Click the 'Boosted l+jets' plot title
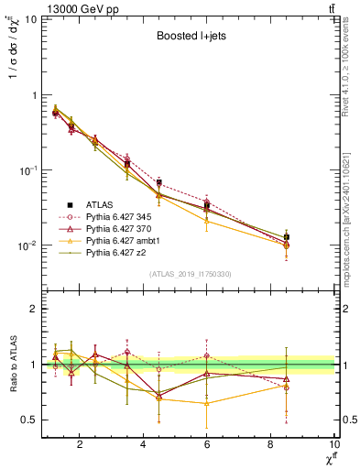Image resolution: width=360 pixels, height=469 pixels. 188,38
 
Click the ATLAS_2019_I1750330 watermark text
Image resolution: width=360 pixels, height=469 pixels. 189,274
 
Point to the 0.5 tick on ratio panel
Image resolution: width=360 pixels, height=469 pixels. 29,420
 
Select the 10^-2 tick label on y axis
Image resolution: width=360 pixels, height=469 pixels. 26,245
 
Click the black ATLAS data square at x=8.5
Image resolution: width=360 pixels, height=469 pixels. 287,237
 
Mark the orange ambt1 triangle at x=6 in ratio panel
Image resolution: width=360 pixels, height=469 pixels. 207,403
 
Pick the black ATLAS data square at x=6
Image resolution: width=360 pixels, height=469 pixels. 207,205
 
